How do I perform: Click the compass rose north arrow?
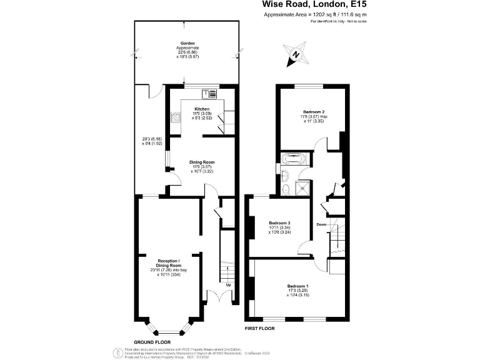[296, 54]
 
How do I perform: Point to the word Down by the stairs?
[321, 224]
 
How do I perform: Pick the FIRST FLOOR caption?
[261, 327]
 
